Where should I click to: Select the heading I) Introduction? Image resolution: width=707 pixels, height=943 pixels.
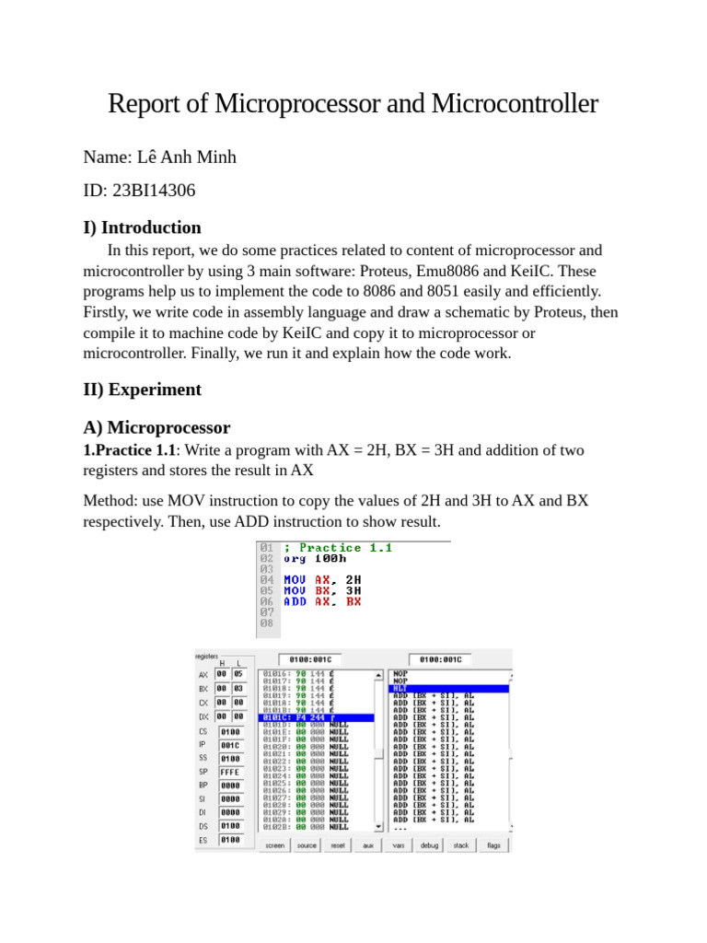pos(142,227)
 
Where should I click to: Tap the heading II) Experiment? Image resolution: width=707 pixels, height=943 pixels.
pos(142,390)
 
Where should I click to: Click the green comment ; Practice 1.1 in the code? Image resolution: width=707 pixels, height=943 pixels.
pos(338,548)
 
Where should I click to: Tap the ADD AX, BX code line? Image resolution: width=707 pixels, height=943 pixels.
pos(322,601)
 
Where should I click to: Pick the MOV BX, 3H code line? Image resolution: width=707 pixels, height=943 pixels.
pos(322,590)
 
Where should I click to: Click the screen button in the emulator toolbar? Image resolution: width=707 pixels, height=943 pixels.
pos(274,844)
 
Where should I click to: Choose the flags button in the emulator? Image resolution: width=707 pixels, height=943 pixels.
pos(493,844)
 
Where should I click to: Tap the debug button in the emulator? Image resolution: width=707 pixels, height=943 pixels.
pos(429,844)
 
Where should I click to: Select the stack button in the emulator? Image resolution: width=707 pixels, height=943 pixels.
pos(461,844)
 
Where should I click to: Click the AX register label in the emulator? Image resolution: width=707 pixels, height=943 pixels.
pos(203,674)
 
